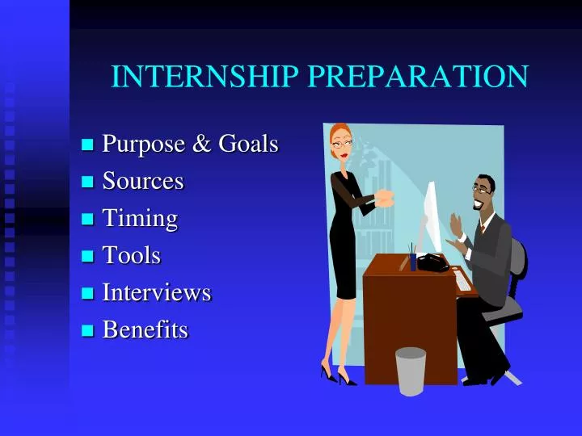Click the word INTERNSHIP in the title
(206, 77)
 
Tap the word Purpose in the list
(143, 145)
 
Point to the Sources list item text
(143, 182)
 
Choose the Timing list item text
(140, 219)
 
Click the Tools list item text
(132, 256)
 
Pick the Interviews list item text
(157, 292)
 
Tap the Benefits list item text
(145, 329)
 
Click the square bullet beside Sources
(88, 182)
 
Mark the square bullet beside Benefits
(88, 330)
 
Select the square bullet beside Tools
(88, 257)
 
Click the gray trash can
(411, 371)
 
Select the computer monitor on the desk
(432, 214)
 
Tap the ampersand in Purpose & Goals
(200, 145)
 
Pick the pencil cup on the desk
(412, 260)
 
